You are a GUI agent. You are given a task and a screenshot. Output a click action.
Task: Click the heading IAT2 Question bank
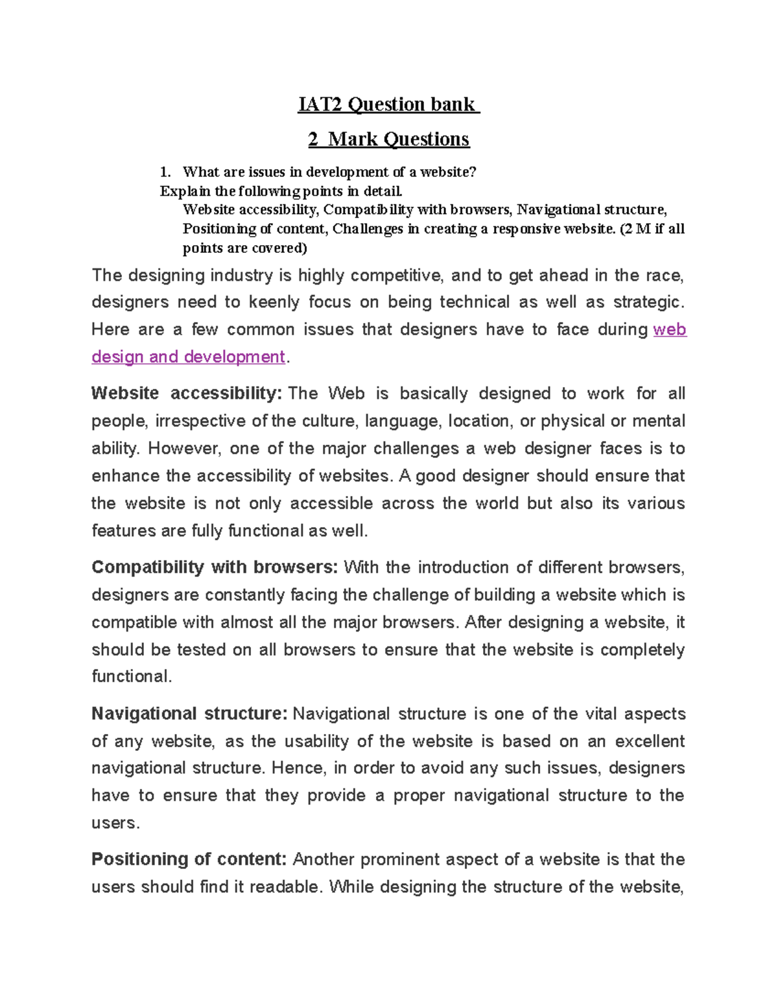tap(388, 104)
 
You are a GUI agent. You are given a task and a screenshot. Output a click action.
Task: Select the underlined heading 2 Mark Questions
tap(388, 139)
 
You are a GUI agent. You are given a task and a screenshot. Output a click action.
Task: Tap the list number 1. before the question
tap(165, 172)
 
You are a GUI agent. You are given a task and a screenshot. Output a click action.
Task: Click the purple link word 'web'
tap(670, 329)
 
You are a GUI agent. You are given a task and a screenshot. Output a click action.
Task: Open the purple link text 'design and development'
tap(188, 357)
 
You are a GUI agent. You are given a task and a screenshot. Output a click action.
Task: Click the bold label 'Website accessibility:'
tap(187, 394)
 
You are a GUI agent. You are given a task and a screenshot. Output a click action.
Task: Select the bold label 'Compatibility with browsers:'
tap(215, 567)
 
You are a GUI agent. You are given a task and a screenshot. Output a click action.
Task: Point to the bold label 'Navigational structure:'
tap(189, 714)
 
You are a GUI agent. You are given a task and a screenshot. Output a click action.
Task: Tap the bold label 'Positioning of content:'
tap(189, 860)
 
